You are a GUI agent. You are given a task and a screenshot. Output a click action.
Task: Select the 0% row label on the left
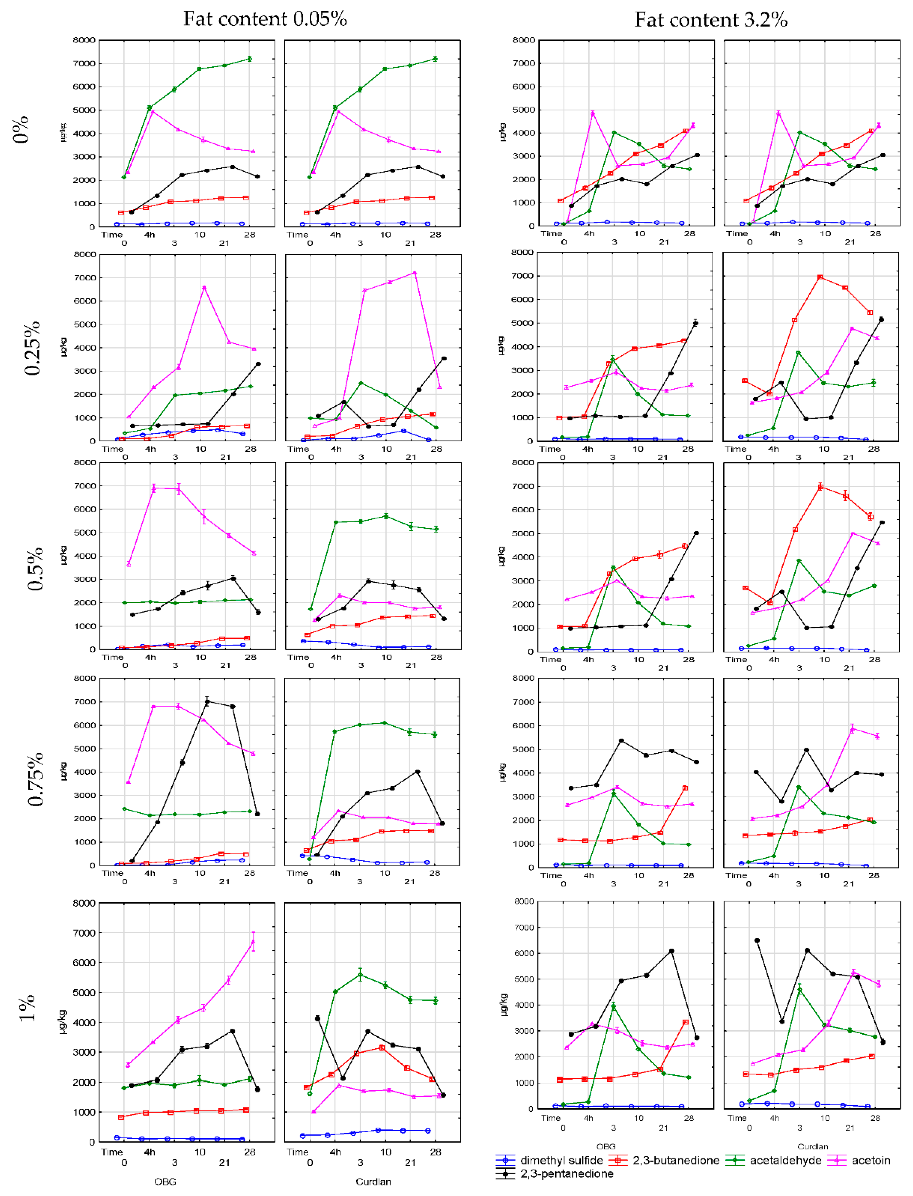(21, 129)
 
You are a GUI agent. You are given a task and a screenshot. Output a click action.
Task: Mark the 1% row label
(27, 1008)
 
